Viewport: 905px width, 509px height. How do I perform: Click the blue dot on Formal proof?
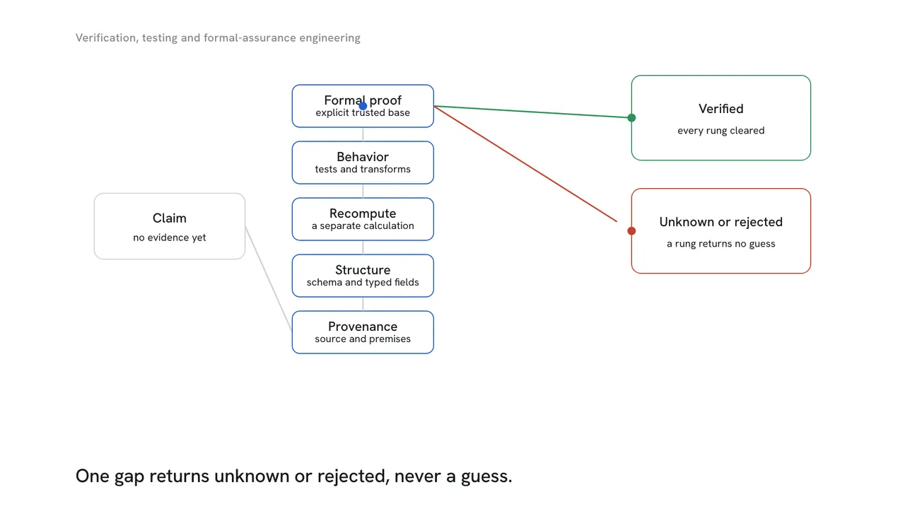pyautogui.click(x=363, y=106)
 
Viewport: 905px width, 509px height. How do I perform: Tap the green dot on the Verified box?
pyautogui.click(x=631, y=117)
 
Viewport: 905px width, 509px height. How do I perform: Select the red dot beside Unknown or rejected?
pyautogui.click(x=631, y=230)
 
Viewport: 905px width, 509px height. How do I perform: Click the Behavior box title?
pyautogui.click(x=363, y=157)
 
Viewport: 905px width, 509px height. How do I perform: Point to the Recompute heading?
pyautogui.click(x=363, y=213)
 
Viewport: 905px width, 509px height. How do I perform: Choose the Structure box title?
pyautogui.click(x=363, y=270)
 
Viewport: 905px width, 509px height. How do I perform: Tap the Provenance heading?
pyautogui.click(x=363, y=327)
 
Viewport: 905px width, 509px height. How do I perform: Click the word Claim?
pyautogui.click(x=169, y=218)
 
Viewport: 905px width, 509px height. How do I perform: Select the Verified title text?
pyautogui.click(x=720, y=109)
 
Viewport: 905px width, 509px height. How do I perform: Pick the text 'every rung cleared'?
pyautogui.click(x=720, y=131)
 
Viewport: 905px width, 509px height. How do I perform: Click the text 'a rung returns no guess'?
pyautogui.click(x=720, y=244)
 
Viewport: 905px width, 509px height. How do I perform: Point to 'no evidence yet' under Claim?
pyautogui.click(x=169, y=238)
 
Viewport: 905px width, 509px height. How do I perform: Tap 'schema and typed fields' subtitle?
pyautogui.click(x=363, y=282)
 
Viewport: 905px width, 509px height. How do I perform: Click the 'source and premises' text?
pyautogui.click(x=363, y=339)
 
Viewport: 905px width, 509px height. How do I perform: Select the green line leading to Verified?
pyautogui.click(x=532, y=112)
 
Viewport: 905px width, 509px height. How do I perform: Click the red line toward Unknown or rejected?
pyautogui.click(x=525, y=163)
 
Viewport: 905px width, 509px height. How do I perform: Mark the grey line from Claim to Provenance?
pyautogui.click(x=268, y=279)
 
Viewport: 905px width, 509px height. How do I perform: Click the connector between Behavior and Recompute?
pyautogui.click(x=363, y=191)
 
